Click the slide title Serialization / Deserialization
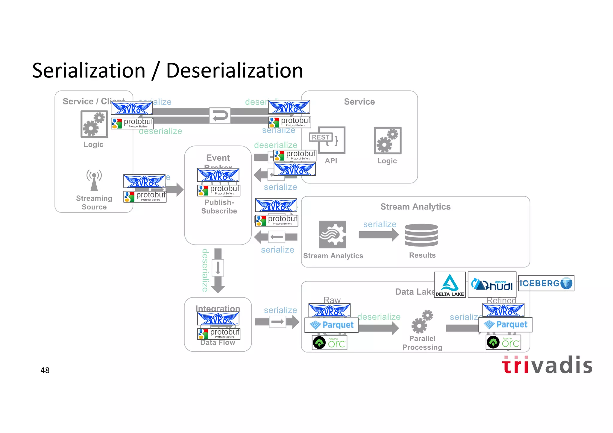[168, 71]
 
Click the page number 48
[45, 370]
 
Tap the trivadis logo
[547, 365]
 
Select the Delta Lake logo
[450, 285]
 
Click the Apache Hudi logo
[492, 285]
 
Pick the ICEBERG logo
[546, 283]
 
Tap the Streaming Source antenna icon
[94, 180]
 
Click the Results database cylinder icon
[421, 235]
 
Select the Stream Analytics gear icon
[332, 235]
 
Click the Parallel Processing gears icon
[422, 322]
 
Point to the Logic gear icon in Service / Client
[94, 124]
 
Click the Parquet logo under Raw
[331, 325]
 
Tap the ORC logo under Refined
[503, 343]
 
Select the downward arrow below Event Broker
[218, 271]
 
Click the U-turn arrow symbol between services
[220, 116]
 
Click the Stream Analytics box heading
[415, 207]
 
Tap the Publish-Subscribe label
[219, 206]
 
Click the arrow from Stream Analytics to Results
[379, 235]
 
